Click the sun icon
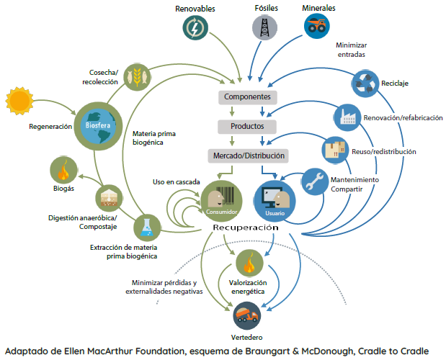pos(19,101)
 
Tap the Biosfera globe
pos(98,126)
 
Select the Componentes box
pos(247,97)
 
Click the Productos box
pos(247,127)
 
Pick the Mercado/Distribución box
pos(249,156)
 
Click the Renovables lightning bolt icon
pos(195,28)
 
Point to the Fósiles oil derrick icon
pos(264,27)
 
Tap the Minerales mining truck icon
pos(317,26)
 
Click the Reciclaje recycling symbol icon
pos(365,84)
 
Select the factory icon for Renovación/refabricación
pos(347,117)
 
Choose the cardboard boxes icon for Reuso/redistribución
pos(335,150)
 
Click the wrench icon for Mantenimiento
pos(315,182)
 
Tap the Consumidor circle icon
pos(222,201)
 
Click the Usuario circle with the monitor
pos(275,201)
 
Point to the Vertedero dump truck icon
pos(246,315)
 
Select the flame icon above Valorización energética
pos(249,263)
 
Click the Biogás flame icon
pos(63,170)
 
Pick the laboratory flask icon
pos(147,228)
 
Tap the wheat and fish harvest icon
pos(137,77)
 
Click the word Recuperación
pos(246,228)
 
